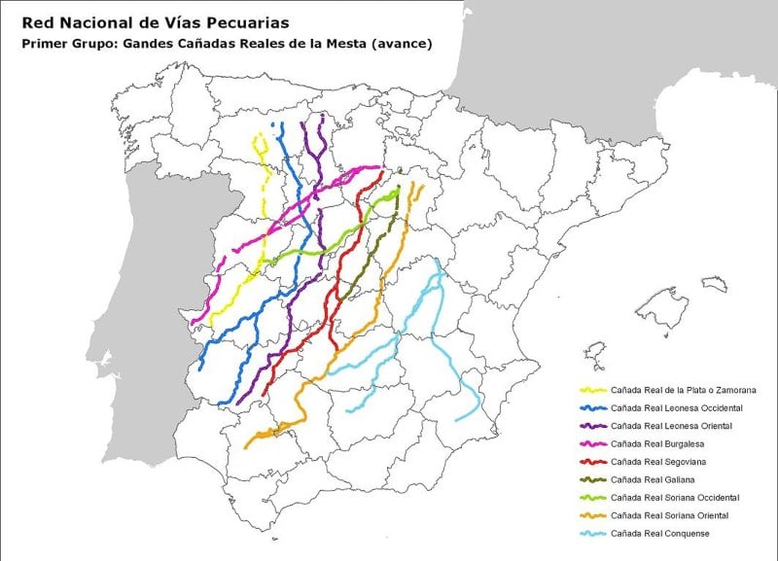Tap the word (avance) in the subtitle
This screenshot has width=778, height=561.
[406, 44]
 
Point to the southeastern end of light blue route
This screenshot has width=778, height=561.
[457, 419]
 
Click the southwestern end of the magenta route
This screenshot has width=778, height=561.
[194, 322]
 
